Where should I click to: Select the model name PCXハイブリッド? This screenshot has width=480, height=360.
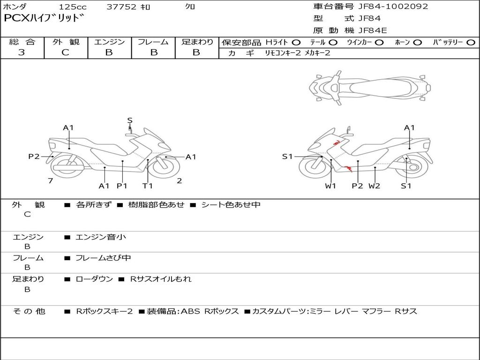44,19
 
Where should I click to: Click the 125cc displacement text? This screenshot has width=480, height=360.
73,7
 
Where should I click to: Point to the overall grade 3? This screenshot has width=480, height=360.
22,52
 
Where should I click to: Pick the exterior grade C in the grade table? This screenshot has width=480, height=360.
66,52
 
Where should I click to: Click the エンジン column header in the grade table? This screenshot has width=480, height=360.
109,42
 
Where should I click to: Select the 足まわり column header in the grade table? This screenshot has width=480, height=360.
197,42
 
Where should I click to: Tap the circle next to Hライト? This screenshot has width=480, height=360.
296,43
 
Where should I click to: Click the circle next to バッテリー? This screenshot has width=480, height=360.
471,43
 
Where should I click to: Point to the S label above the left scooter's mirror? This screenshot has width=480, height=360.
130,120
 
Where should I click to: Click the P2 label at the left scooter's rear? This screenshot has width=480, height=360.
34,157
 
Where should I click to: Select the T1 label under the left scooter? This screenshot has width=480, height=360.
148,186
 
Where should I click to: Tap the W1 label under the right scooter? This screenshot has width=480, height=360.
331,186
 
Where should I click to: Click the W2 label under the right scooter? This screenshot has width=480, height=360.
374,186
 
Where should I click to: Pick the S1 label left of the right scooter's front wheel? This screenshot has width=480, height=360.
287,157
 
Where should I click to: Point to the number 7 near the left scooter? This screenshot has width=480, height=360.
50,180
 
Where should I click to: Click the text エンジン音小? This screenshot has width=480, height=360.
101,237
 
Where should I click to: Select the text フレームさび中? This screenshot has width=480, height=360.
103,258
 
